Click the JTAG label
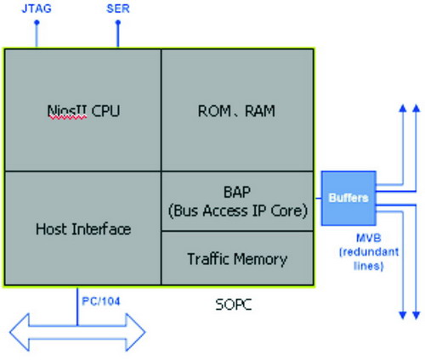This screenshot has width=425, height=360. point(37,8)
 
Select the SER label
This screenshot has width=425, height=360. point(118,8)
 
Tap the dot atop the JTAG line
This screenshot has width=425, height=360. point(37,22)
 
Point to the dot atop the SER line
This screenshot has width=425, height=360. point(118,22)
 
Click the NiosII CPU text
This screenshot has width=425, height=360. point(83,111)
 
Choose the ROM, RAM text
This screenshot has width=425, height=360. point(236,111)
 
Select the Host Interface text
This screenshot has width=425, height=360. point(83,228)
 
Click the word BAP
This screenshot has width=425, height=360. point(237,192)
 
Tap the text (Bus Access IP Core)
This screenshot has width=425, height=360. point(238,211)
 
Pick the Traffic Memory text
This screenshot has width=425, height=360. point(237,259)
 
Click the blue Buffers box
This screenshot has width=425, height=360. point(348,198)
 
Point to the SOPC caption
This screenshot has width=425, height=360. point(234,305)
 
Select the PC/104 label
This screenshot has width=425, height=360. point(101,301)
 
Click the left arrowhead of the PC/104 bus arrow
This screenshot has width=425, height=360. point(20,332)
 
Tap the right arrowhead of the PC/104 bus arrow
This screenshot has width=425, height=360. point(135,332)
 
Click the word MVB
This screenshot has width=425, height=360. point(369,238)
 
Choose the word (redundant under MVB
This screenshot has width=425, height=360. point(369,251)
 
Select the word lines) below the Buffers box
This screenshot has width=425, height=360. point(369,266)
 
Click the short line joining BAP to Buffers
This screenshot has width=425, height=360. point(318,198)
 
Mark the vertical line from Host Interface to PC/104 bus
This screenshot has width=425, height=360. point(77,307)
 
